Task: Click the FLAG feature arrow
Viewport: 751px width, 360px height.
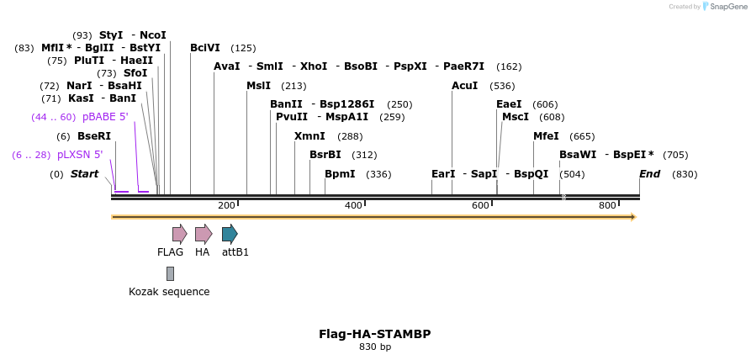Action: [179, 234]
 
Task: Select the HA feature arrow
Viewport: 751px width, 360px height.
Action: [203, 234]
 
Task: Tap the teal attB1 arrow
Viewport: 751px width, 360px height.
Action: [230, 234]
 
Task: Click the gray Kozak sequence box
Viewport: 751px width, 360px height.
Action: [170, 273]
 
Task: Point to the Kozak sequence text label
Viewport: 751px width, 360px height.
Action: [169, 292]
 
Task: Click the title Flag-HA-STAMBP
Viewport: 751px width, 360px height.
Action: [374, 334]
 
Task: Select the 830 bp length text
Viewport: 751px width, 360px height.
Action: [374, 347]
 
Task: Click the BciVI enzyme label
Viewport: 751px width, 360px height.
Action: [205, 48]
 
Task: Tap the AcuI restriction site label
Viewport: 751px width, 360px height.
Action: [464, 86]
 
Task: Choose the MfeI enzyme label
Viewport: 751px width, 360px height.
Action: [546, 136]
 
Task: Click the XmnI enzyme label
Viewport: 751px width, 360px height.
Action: [309, 136]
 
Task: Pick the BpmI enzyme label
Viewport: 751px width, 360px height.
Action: [340, 174]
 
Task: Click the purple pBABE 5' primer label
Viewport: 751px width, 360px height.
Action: [105, 117]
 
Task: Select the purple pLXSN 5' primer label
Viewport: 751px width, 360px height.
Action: [80, 155]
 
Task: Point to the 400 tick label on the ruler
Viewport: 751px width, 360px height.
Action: [353, 206]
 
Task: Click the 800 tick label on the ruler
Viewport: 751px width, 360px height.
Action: [607, 206]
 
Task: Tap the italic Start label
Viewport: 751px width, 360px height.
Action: [84, 174]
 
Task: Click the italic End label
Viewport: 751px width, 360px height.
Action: [649, 174]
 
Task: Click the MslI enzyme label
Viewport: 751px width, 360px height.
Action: [259, 86]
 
